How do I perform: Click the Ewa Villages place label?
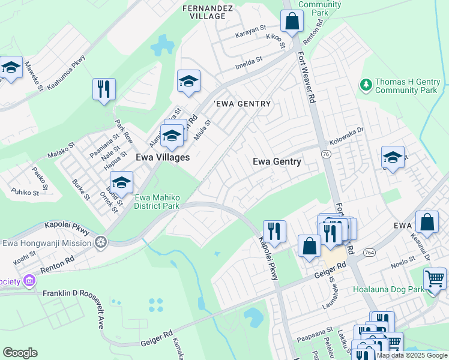coord(163,157)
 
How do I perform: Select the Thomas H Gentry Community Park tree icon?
coord(366,86)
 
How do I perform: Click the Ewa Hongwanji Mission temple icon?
coord(101,242)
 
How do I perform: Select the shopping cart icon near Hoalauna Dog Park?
coord(435,278)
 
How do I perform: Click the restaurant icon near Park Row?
coord(104,89)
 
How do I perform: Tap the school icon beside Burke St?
coord(121,182)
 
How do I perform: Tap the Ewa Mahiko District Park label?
coord(157,202)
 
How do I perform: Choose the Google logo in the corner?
coord(20,352)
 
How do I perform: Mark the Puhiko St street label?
coord(25,193)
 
